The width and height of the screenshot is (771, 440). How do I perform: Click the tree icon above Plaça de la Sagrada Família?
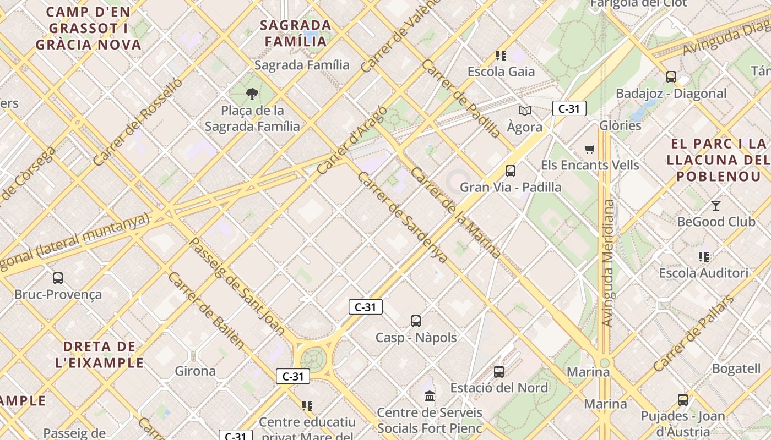(x=252, y=94)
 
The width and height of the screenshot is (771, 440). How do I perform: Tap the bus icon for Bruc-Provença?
(x=58, y=278)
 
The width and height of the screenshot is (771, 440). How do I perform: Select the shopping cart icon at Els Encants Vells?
(x=590, y=149)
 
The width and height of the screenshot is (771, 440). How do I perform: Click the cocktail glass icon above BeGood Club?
(x=715, y=206)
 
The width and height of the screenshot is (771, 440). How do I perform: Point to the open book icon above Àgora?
(x=525, y=111)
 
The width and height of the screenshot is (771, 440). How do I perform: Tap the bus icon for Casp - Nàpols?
(x=416, y=321)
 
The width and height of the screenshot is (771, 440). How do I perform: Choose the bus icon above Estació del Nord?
(x=499, y=372)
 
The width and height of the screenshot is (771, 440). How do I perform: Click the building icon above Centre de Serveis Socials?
(x=430, y=396)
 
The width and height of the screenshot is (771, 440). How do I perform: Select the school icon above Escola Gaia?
(x=501, y=56)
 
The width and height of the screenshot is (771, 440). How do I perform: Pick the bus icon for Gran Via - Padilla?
(x=511, y=171)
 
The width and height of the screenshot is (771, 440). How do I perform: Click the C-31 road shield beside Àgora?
(x=569, y=109)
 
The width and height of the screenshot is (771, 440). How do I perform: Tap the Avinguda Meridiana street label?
(x=607, y=263)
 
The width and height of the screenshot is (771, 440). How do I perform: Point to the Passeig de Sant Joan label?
(x=237, y=286)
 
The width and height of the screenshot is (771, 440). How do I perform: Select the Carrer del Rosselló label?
(x=137, y=122)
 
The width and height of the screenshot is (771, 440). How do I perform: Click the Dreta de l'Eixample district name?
(x=100, y=355)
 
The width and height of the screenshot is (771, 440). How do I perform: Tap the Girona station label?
(x=195, y=371)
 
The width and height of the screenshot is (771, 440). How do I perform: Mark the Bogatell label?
(x=736, y=369)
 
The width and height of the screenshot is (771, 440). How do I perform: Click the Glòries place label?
(x=620, y=125)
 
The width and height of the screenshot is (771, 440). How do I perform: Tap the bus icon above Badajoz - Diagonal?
(x=671, y=77)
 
